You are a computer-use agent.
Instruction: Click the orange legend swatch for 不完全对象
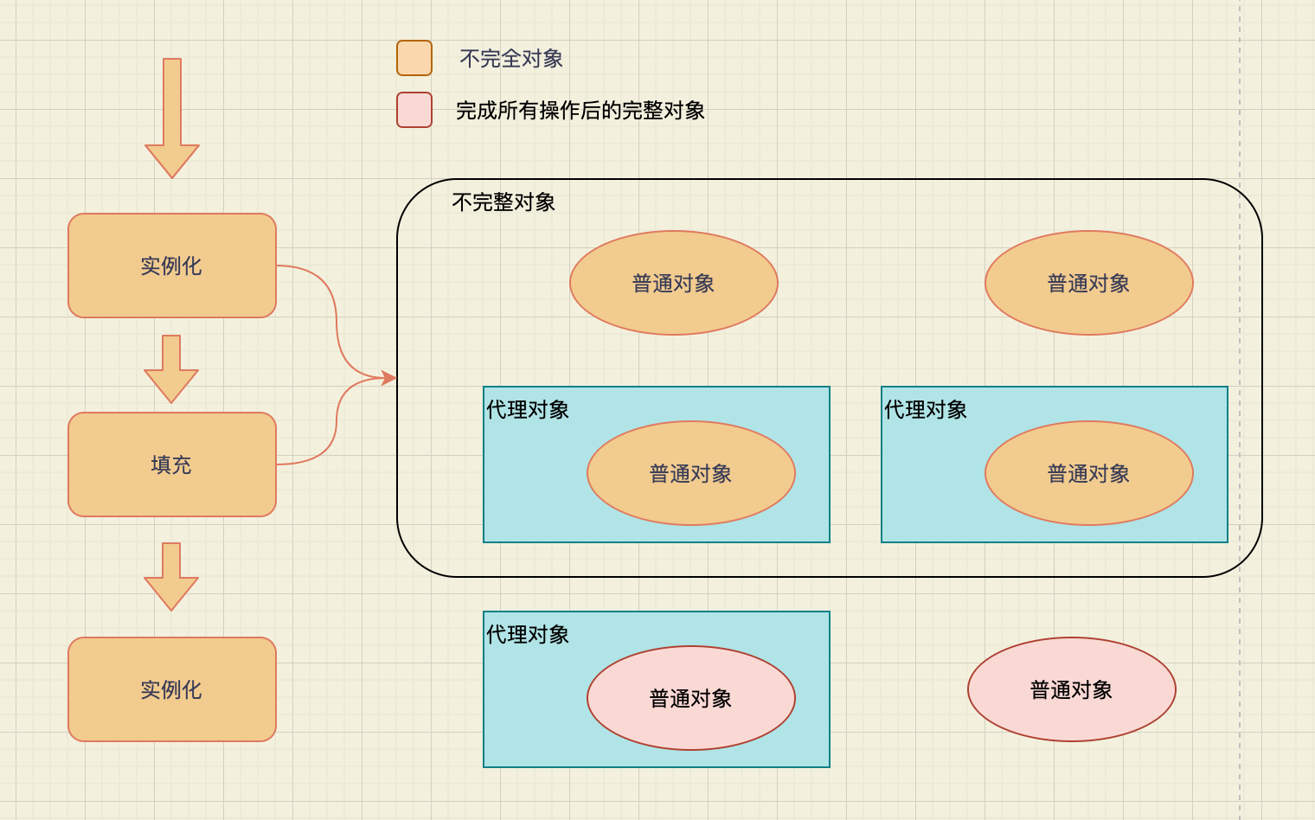(414, 58)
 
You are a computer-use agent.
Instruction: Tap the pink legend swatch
(414, 110)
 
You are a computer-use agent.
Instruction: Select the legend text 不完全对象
(511, 59)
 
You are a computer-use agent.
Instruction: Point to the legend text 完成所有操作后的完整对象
(581, 111)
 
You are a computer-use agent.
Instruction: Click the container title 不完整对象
(504, 202)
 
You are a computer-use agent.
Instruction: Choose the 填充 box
(172, 464)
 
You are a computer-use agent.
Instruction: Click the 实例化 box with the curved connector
(172, 266)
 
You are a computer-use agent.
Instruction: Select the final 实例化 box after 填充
(172, 689)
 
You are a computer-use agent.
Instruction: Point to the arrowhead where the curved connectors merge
(389, 378)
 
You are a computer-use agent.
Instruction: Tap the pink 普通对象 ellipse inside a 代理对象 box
(690, 698)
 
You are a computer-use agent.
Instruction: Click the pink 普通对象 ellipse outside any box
(1071, 689)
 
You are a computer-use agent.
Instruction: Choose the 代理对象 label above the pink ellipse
(528, 635)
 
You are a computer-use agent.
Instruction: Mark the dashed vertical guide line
(1240, 692)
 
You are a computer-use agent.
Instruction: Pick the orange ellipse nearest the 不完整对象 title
(673, 283)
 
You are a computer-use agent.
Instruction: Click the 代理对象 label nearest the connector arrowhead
(528, 410)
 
